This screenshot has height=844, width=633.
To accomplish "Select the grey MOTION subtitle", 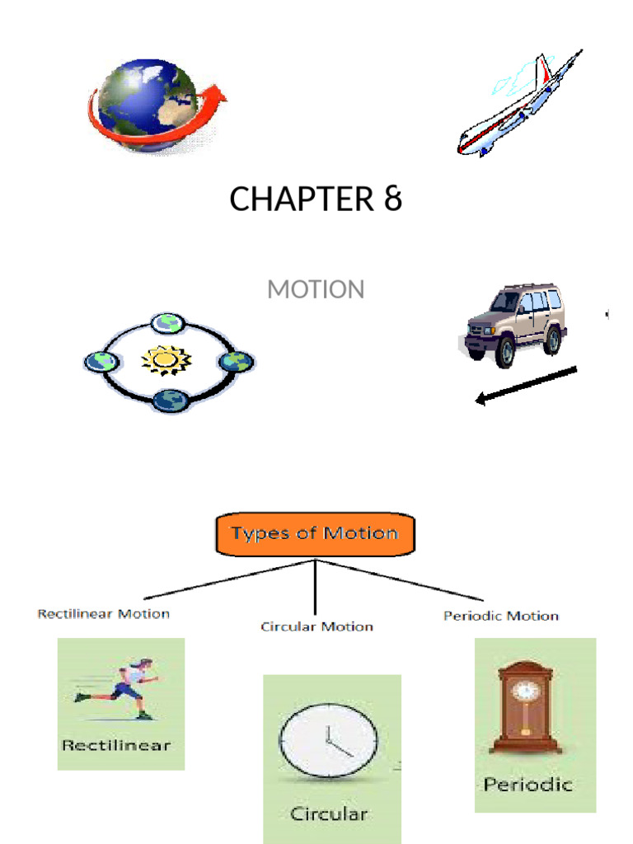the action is click(316, 290).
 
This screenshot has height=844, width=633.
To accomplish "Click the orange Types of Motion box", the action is click(316, 534).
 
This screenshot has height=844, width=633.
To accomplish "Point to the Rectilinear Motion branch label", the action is click(104, 614).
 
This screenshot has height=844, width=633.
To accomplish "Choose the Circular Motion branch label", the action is click(316, 627).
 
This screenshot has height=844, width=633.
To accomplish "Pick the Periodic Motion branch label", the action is click(500, 616).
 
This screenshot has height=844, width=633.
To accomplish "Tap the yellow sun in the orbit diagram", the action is click(166, 361).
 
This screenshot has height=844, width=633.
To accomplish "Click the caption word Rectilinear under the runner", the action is click(116, 746).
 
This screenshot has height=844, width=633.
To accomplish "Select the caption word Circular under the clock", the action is click(329, 814).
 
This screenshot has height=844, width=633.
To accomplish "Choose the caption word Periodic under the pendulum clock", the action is click(527, 784).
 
